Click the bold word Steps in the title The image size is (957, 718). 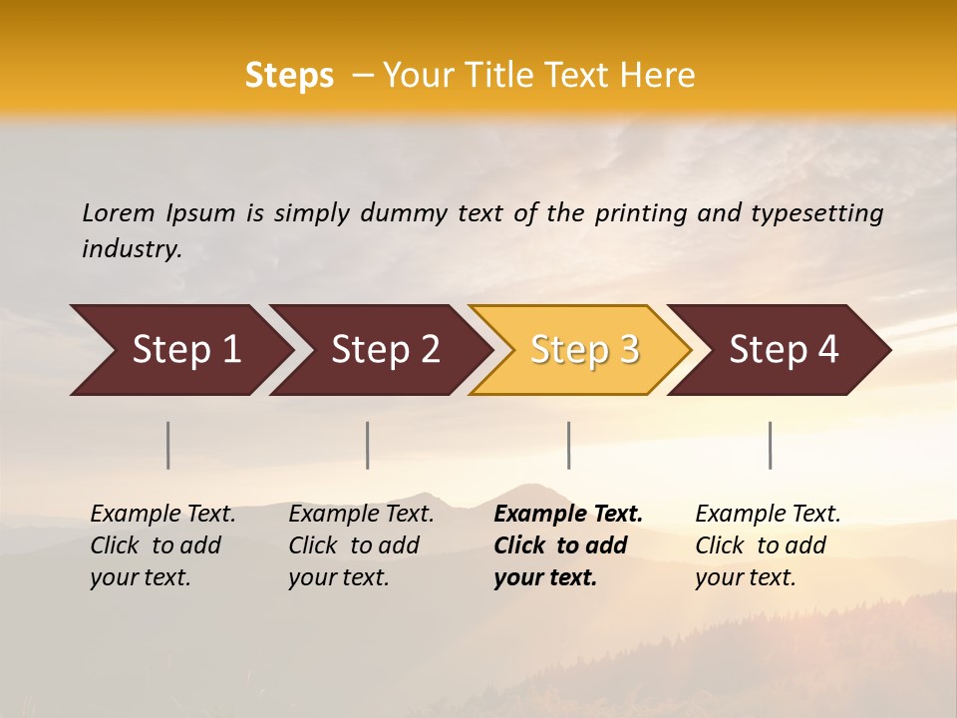[x=289, y=76]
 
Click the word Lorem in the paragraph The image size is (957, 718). [x=118, y=213]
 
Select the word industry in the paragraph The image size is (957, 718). [x=131, y=249]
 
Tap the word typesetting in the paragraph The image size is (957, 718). [x=816, y=213]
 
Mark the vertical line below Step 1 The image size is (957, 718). [x=168, y=445]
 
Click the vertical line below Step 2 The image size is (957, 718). [x=368, y=445]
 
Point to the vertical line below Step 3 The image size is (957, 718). [x=568, y=445]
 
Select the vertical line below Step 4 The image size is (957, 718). [x=770, y=445]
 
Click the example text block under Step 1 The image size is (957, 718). [x=162, y=545]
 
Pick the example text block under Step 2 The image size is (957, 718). [x=361, y=545]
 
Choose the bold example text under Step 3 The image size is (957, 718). [x=568, y=545]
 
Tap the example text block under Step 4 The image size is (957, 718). [x=768, y=545]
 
